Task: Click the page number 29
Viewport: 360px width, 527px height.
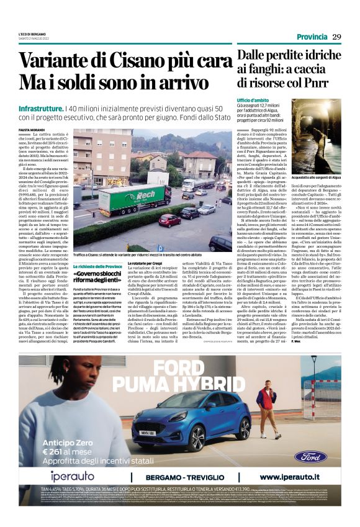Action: (x=336, y=37)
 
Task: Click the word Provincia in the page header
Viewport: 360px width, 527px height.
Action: (x=312, y=37)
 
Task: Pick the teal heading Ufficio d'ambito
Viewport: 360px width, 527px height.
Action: (x=251, y=100)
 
